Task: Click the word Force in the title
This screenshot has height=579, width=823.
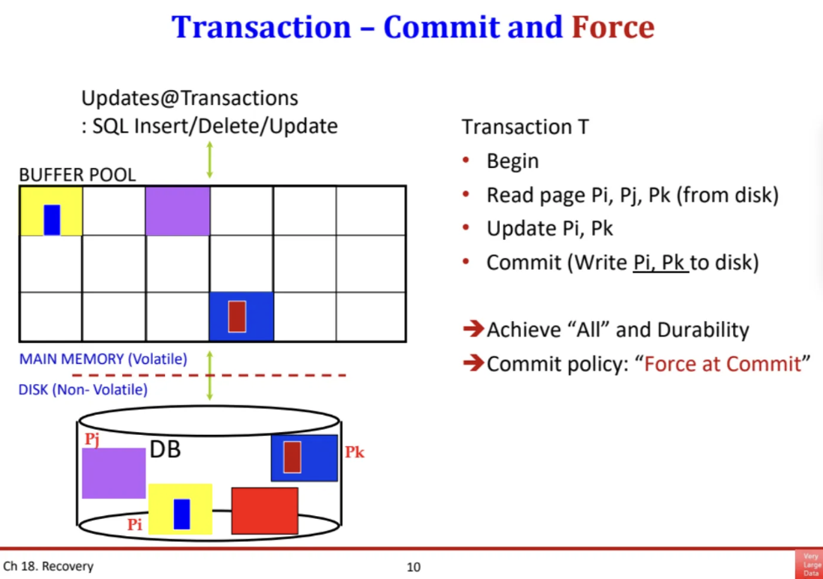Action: point(612,27)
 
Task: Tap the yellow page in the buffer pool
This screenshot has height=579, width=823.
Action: point(51,211)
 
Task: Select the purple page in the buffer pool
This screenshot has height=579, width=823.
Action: point(177,211)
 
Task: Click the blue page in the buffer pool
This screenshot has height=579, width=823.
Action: point(241,316)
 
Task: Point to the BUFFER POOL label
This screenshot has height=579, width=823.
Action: point(77,175)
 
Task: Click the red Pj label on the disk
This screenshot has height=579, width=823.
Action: point(91,439)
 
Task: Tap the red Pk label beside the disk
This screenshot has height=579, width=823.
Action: point(355,452)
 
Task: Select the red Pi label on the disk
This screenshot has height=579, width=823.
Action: point(134,525)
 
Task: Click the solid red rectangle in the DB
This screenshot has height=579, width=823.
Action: point(265,510)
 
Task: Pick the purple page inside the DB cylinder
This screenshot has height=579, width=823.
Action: point(113,472)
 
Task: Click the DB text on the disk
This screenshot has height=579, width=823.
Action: point(165,450)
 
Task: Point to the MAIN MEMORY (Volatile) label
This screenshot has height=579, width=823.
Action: point(103,359)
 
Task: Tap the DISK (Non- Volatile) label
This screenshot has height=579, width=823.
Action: point(82,389)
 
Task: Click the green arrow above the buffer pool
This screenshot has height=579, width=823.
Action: point(209,159)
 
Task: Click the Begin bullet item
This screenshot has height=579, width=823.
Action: point(512,161)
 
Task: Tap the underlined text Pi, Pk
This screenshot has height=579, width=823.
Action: point(660,263)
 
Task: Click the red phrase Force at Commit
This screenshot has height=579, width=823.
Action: point(723,364)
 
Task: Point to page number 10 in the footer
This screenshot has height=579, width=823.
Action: point(413,567)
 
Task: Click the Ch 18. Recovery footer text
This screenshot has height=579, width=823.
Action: point(49,566)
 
